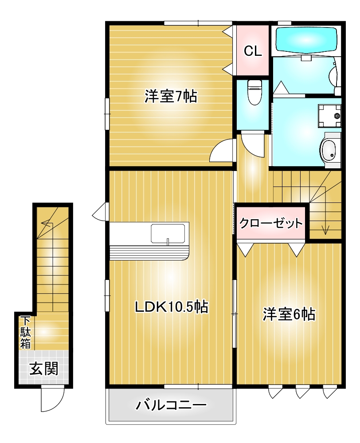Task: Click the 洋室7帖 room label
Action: pos(171,96)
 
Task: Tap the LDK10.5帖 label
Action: pos(172,307)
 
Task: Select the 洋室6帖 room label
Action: pos(289,314)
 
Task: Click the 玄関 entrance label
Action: pos(44,369)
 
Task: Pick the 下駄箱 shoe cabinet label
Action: pos(25,333)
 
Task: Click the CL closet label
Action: pos(253,51)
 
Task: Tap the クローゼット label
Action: pos(271,223)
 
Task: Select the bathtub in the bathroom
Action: pos(306,40)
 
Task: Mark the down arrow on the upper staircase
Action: pos(325,222)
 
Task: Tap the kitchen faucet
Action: pos(168,242)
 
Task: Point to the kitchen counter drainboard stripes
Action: pos(149,253)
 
